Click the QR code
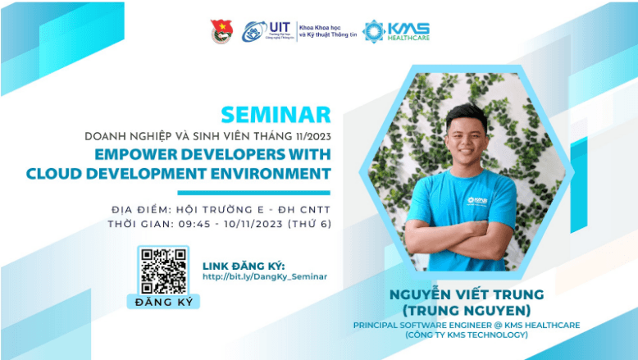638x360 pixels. pos(162,271)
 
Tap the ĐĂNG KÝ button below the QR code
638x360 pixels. pos(162,302)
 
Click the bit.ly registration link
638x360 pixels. pos(264,276)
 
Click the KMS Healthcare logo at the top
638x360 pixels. pos(396,31)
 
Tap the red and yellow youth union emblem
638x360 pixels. pos(221,31)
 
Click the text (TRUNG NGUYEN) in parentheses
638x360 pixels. pos(467,310)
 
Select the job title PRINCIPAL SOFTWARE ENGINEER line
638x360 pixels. pos(467,325)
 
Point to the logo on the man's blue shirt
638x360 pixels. pos(480,199)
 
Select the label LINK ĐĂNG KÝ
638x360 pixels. pos(243,265)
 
